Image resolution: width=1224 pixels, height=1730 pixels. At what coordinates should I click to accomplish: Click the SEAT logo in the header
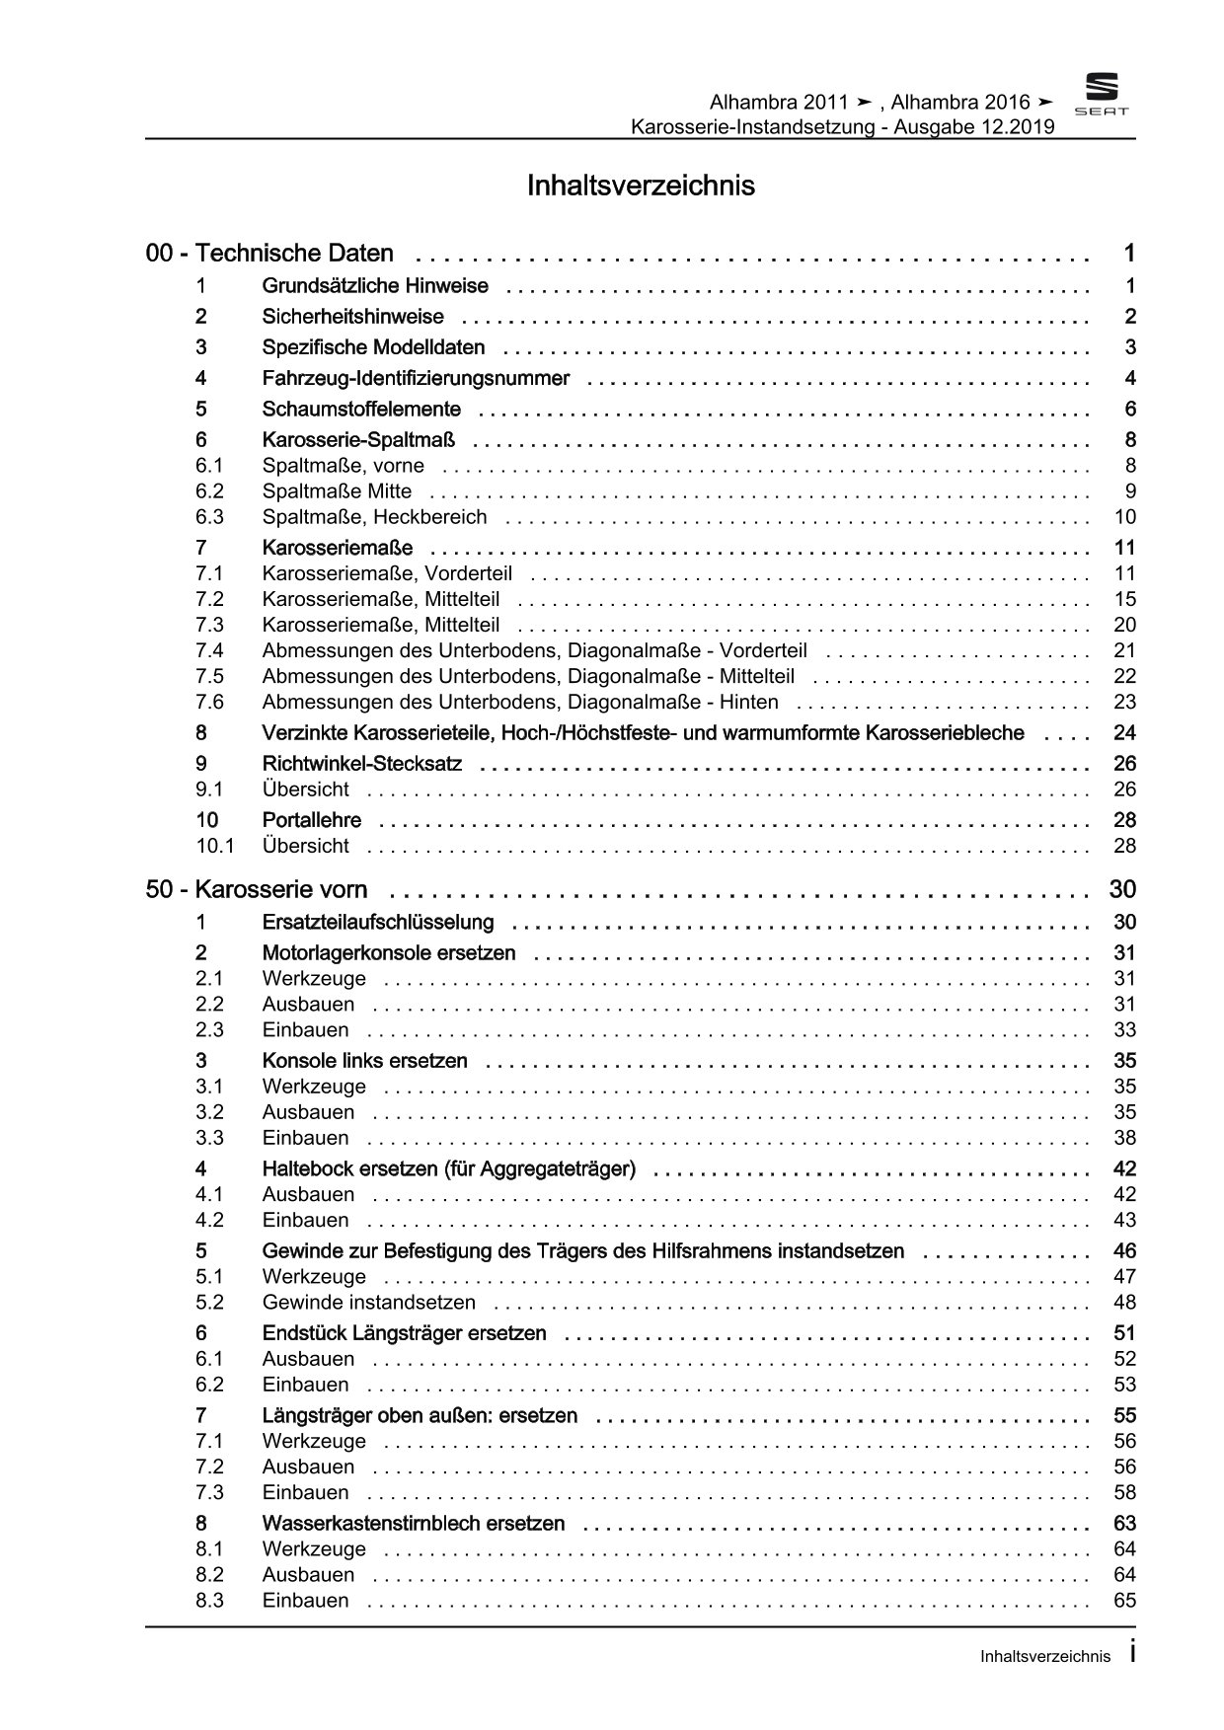click(x=1101, y=96)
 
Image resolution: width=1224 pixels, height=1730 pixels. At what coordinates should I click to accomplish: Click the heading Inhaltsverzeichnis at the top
click(x=641, y=186)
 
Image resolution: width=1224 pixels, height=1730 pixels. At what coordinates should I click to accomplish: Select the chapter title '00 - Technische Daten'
click(x=269, y=254)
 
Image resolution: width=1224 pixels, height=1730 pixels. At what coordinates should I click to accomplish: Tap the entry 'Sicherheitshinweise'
click(x=352, y=317)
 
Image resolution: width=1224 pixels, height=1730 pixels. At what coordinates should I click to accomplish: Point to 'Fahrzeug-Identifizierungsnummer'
click(x=416, y=378)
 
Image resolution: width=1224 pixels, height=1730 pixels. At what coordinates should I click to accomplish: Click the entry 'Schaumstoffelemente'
click(x=361, y=409)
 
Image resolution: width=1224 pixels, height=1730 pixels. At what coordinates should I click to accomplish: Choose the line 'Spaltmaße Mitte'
click(x=337, y=491)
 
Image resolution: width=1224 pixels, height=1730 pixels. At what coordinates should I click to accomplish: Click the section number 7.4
click(x=209, y=650)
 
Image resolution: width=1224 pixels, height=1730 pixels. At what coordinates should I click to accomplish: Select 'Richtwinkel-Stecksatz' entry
click(x=362, y=764)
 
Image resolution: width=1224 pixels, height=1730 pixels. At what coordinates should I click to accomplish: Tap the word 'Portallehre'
click(x=312, y=820)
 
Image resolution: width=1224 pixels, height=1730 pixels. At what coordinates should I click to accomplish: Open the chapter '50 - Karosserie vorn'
click(x=257, y=890)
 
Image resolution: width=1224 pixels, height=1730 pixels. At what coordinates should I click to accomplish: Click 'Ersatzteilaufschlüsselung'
click(x=378, y=923)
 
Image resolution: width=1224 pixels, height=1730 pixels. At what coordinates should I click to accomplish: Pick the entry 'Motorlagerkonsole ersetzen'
click(x=389, y=953)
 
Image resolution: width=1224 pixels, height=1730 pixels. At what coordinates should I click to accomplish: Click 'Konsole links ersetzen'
click(x=365, y=1061)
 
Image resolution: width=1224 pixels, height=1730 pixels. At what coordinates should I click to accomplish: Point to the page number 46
click(x=1124, y=1251)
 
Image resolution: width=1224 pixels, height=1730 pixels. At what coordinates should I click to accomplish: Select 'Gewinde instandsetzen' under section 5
click(x=369, y=1303)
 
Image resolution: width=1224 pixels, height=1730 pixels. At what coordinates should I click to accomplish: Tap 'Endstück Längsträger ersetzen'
click(x=405, y=1333)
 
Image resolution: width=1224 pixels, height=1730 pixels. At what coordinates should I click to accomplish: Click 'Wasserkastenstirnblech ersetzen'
click(x=414, y=1524)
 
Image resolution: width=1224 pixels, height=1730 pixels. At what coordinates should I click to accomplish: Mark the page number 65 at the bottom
click(x=1124, y=1601)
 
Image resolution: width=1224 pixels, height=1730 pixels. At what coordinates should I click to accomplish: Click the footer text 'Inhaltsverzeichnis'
click(x=1045, y=1657)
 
